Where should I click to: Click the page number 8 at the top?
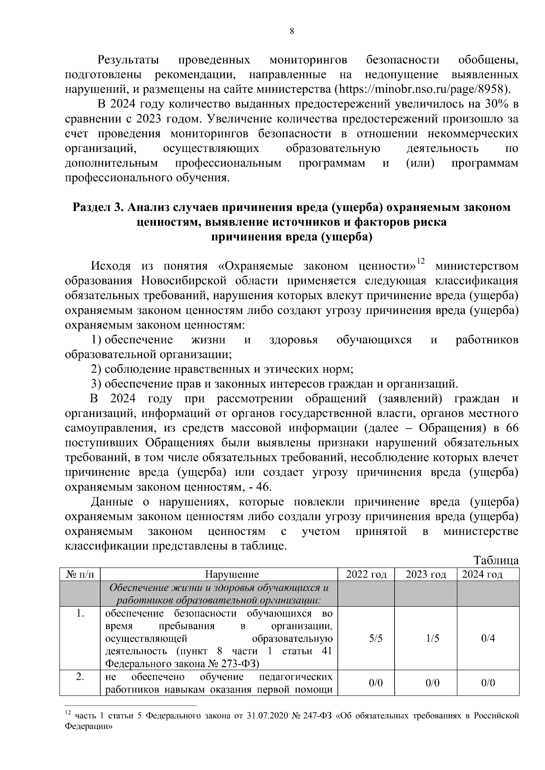(x=292, y=31)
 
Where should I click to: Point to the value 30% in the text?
(x=497, y=104)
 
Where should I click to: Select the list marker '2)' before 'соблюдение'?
(x=96, y=369)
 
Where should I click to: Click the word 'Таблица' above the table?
(x=496, y=560)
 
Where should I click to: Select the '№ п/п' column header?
(x=80, y=574)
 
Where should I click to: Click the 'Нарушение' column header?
(x=232, y=574)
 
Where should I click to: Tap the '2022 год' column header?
(x=366, y=574)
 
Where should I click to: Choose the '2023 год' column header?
(x=426, y=574)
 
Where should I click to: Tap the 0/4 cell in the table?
(x=488, y=638)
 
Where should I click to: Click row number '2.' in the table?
(x=80, y=677)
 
